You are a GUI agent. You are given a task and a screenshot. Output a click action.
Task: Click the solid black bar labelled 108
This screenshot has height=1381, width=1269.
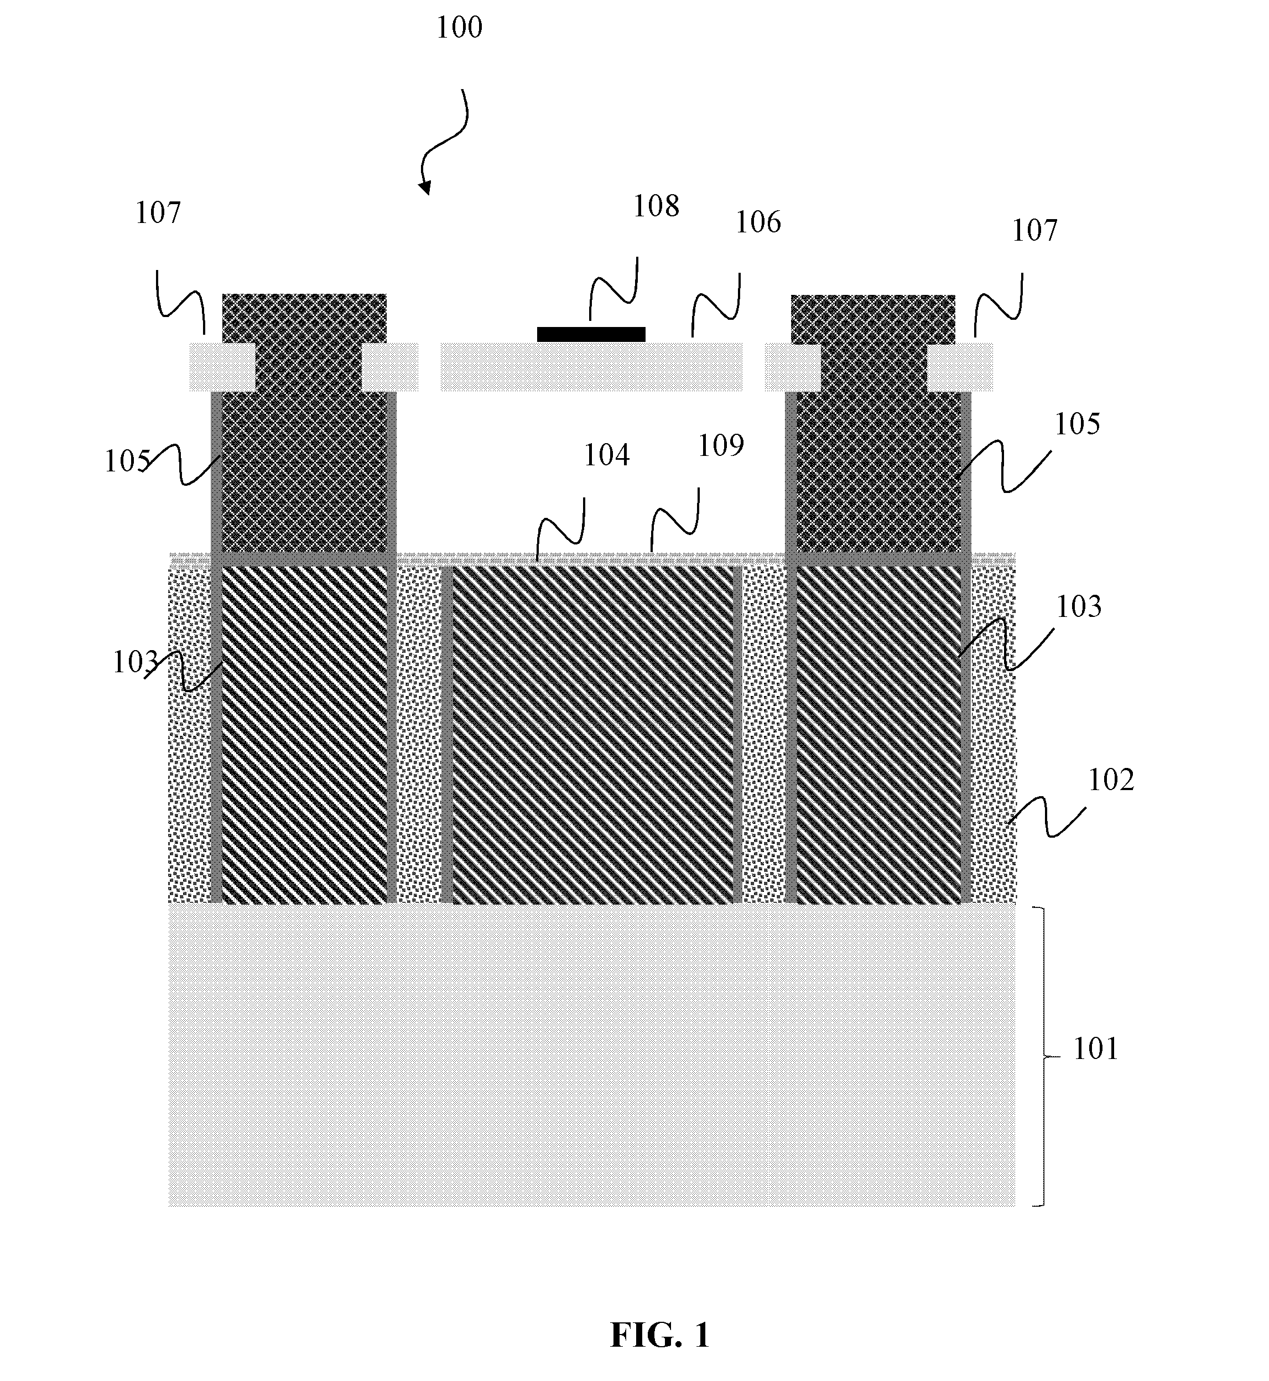591,334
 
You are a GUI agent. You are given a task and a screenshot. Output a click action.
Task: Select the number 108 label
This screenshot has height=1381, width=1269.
656,206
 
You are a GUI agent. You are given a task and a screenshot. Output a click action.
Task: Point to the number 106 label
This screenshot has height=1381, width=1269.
758,222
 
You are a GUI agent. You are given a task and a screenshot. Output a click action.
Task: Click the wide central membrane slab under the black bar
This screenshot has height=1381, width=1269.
591,367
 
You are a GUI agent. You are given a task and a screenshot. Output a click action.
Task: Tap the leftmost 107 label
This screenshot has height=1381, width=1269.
158,213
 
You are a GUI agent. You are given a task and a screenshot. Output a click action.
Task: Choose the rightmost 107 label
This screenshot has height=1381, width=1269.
1035,231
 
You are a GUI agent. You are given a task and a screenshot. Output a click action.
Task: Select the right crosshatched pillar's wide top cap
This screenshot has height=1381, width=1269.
873,319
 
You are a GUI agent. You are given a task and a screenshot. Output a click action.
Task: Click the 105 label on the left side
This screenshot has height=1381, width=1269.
127,461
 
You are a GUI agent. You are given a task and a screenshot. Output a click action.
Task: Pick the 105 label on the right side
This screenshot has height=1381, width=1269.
1076,424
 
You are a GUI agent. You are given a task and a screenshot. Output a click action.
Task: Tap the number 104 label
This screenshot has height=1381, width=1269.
606,455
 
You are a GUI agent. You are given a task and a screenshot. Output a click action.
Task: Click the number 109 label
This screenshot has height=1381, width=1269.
721,447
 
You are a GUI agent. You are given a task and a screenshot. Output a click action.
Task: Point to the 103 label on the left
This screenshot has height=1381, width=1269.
136,662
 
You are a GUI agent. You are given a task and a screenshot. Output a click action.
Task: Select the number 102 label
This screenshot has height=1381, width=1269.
1111,780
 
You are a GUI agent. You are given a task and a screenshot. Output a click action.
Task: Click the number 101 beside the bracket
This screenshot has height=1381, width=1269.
1096,1050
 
